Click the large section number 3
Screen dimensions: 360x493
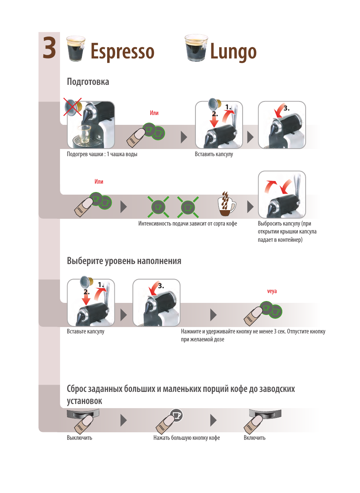(49, 48)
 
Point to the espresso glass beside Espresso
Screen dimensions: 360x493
(76, 49)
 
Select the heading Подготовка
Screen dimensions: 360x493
(88, 81)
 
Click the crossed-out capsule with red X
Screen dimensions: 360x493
(73, 107)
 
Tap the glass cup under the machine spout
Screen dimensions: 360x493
(83, 134)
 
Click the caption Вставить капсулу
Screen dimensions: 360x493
(214, 154)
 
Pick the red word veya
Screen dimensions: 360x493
(272, 291)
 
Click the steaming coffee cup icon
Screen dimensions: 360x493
(226, 204)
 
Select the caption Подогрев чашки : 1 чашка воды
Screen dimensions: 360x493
(102, 154)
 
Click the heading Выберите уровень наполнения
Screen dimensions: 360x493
(124, 261)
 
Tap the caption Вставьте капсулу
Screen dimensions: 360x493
(85, 331)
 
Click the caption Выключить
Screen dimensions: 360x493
(80, 438)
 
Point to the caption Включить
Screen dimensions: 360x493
(255, 438)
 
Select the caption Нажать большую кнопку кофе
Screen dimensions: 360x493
(186, 438)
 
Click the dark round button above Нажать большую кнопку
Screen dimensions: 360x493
(176, 415)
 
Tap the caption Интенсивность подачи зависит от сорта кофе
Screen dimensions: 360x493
(188, 224)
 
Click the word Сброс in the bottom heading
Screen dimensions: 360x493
(76, 389)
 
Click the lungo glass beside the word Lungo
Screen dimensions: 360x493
(196, 48)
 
